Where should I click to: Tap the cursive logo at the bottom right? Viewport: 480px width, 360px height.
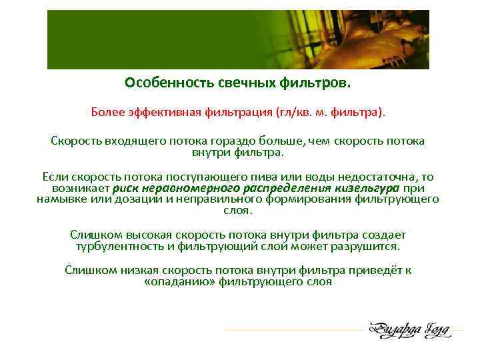[x=410, y=330]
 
